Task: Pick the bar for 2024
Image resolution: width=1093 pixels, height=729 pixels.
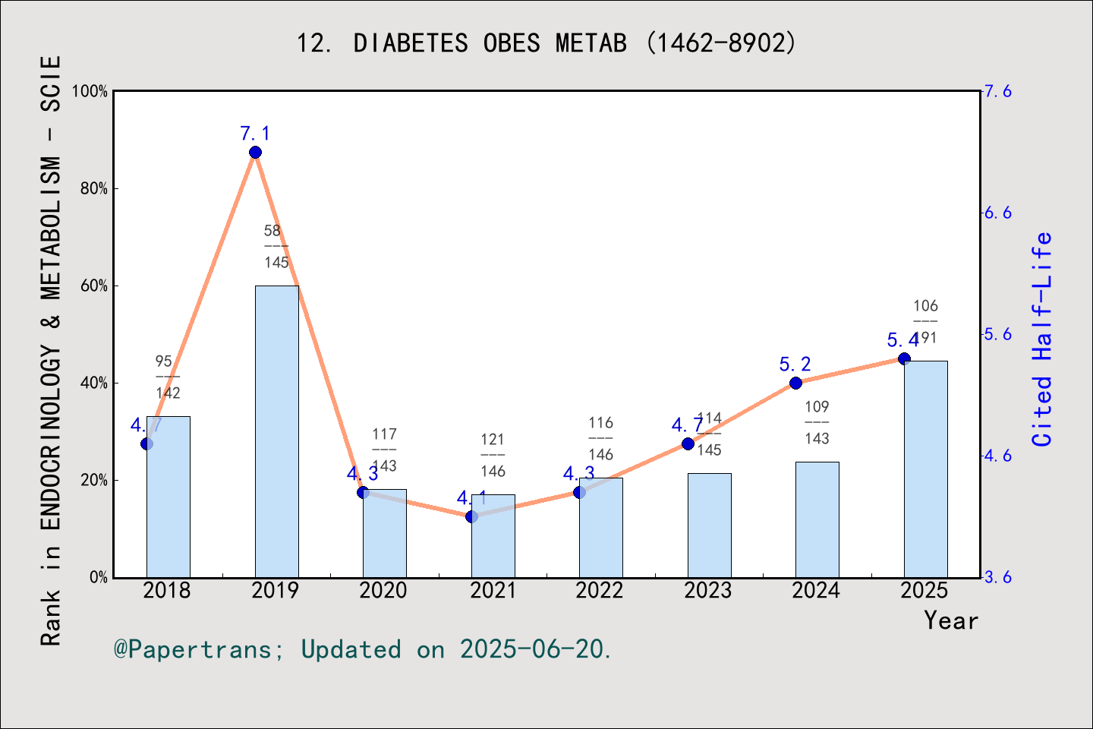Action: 817,519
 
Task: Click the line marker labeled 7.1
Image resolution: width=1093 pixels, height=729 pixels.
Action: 255,153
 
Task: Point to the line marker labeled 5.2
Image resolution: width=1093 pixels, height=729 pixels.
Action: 795,383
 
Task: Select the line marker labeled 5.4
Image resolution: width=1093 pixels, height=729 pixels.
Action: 904,358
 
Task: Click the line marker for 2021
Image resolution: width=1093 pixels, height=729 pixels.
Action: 471,516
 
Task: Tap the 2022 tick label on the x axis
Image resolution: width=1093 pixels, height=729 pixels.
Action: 600,591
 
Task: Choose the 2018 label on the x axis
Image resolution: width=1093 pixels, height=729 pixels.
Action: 167,591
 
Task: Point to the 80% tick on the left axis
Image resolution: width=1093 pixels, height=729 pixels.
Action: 94,188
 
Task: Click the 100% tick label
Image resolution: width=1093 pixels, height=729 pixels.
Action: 90,91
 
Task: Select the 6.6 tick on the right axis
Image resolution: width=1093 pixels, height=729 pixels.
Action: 998,213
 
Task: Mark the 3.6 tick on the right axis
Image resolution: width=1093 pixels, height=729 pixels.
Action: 998,577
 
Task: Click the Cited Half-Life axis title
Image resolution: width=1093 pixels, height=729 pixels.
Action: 1042,339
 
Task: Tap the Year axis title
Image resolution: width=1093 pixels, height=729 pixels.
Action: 951,620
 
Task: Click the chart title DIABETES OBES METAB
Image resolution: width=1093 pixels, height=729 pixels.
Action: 546,43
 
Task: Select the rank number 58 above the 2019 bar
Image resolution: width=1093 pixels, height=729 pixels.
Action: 272,231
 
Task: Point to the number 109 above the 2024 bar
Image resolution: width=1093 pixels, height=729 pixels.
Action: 817,407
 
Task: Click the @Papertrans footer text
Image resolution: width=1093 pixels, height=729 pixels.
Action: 363,649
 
